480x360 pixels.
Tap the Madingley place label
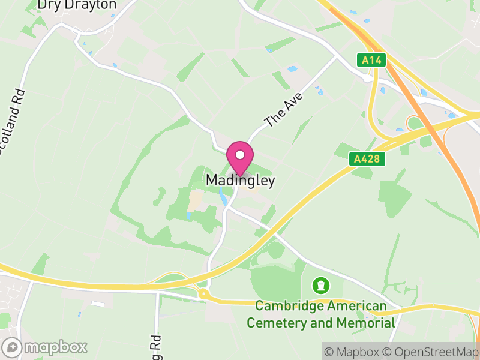(241, 180)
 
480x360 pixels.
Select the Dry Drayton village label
(77, 5)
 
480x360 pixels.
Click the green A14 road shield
(372, 60)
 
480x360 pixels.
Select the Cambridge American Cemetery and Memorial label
(321, 314)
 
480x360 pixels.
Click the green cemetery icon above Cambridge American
(322, 284)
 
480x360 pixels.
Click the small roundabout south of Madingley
(204, 294)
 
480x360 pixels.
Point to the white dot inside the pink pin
(240, 154)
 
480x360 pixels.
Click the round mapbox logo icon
(13, 347)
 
